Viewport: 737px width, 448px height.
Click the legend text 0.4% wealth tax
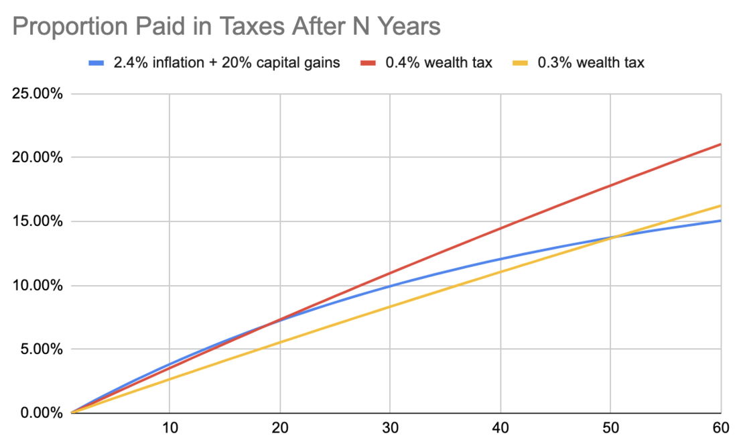click(x=439, y=63)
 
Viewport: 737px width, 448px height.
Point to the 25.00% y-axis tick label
click(x=38, y=93)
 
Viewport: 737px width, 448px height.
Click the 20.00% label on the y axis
click(x=38, y=158)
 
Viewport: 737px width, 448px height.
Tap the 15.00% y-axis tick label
click(x=38, y=221)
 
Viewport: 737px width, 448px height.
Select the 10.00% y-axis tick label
click(x=38, y=286)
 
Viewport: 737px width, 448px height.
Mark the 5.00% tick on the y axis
click(x=40, y=349)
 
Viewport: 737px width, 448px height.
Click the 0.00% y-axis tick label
click(x=40, y=413)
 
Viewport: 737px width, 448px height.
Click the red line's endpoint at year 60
click(x=720, y=144)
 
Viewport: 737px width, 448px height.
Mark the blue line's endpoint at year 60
click(x=720, y=220)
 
